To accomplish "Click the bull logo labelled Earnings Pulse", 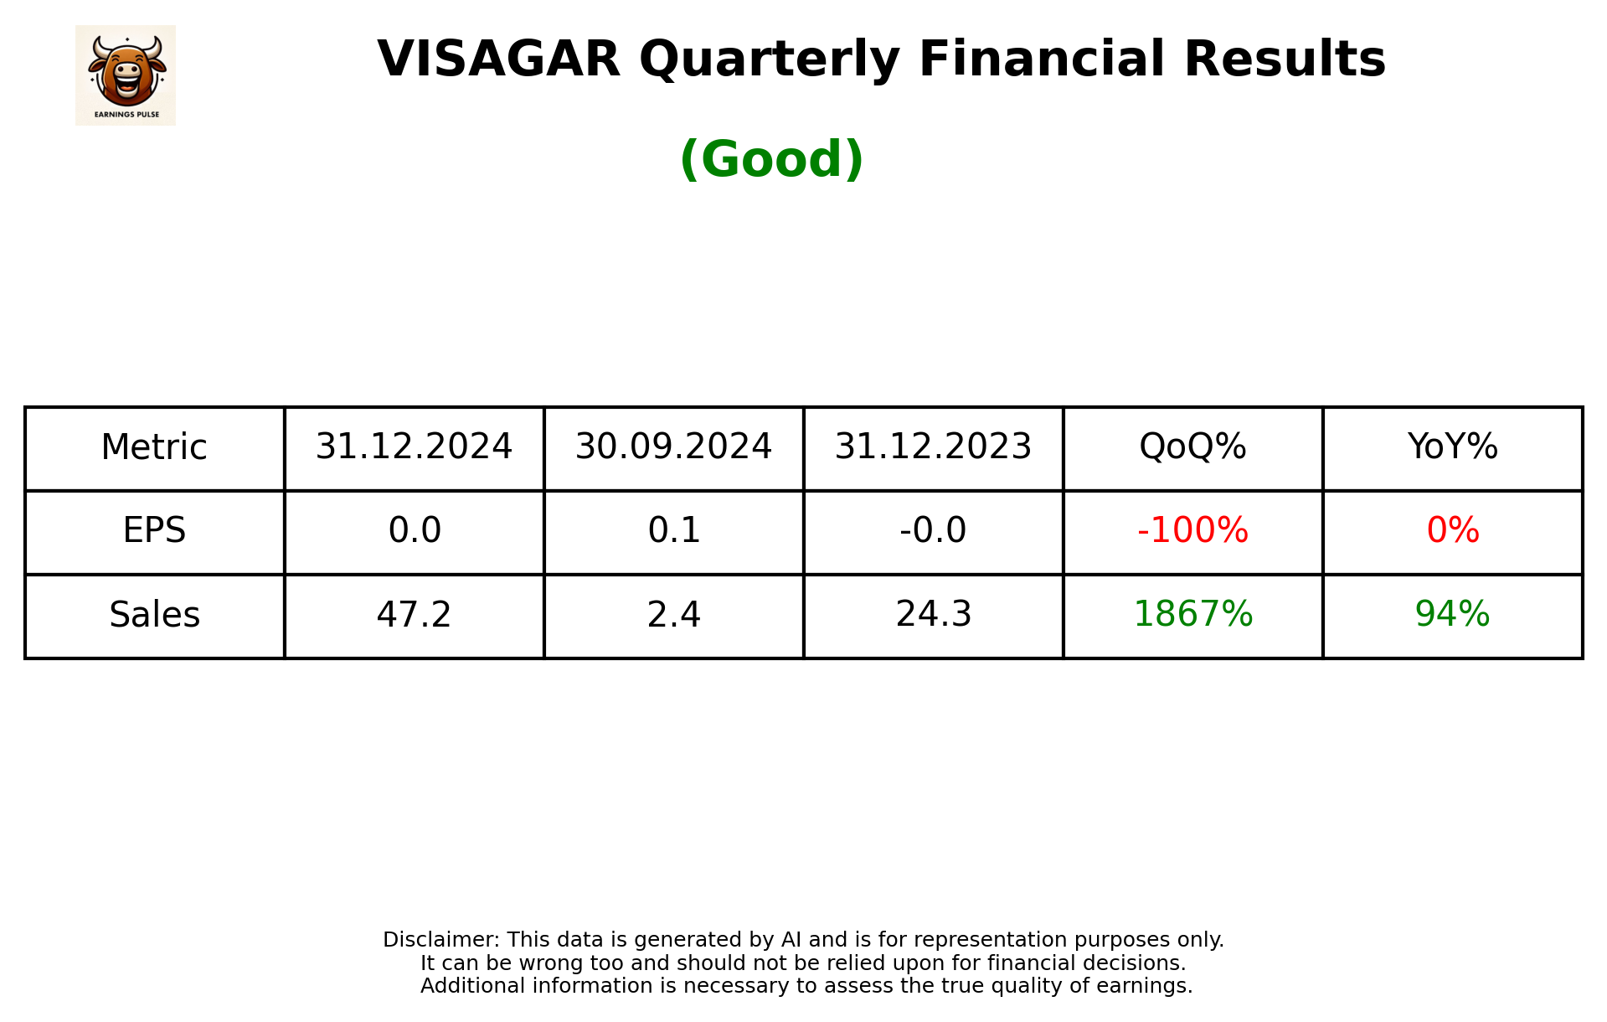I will coord(126,75).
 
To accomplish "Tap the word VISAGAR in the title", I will coord(498,59).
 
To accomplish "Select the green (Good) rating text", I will coord(771,159).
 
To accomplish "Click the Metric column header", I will coord(154,447).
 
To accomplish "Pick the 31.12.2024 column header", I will coord(414,447).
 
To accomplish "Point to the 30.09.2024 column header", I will coord(673,447).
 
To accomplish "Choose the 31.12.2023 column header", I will coord(933,447).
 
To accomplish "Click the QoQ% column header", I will coord(1192,447).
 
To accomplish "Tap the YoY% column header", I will coord(1452,447).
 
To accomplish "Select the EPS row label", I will coord(154,530).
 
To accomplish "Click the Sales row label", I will coord(154,615).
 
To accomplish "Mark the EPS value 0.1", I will coord(673,530).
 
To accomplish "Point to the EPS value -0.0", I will coord(933,530).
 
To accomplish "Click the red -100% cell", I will coord(1192,530).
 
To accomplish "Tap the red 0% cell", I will coord(1452,530).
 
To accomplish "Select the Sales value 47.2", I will coord(414,615).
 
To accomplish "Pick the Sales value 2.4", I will coord(673,615).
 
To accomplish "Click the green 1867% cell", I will coord(1192,615).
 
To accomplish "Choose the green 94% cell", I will coord(1452,615).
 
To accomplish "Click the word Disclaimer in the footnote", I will coord(440,940).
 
